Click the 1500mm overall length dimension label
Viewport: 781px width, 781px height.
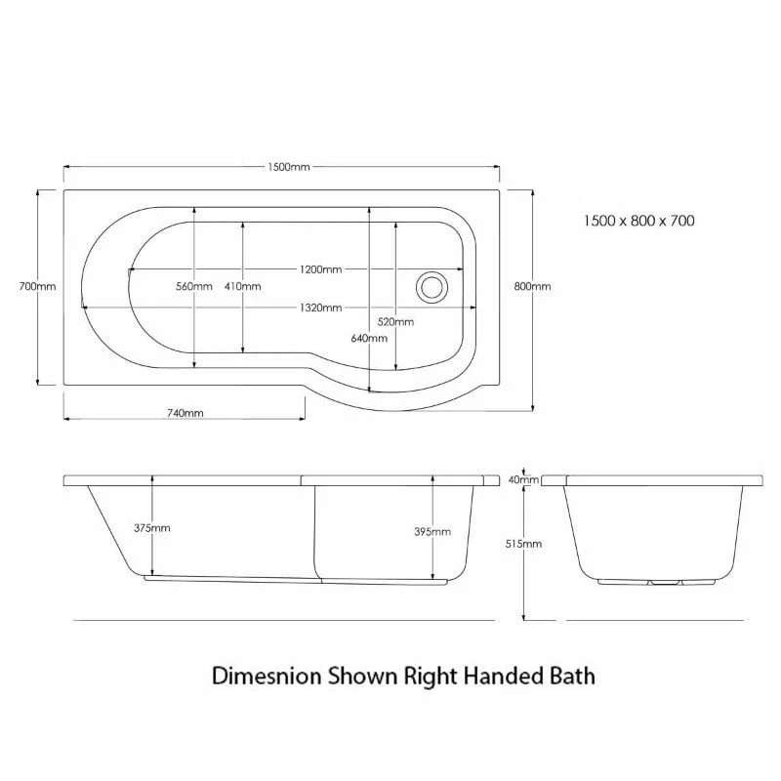(288, 167)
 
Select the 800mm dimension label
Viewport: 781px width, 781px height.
(532, 286)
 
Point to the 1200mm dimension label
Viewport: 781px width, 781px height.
(320, 269)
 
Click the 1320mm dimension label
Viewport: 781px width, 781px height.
(320, 308)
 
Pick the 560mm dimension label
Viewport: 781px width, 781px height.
(194, 286)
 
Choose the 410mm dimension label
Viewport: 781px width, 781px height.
(242, 286)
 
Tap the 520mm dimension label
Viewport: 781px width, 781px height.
(395, 322)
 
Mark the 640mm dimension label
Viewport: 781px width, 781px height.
(370, 339)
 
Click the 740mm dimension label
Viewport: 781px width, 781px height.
(185, 413)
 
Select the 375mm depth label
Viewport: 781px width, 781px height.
(152, 528)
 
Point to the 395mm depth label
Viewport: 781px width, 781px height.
(432, 532)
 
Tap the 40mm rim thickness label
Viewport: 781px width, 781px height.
(524, 479)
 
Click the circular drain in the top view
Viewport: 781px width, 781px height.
(432, 287)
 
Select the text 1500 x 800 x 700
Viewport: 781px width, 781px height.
(638, 222)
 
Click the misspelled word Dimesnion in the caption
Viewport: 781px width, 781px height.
(259, 675)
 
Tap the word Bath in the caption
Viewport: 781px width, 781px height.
(574, 675)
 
